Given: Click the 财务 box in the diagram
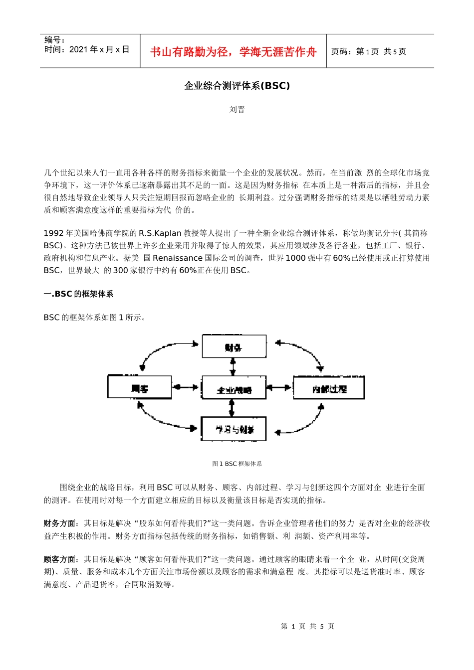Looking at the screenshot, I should tap(234, 347).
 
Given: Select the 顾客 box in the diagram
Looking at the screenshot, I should tap(140, 387).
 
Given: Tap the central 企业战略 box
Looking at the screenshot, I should tap(234, 388).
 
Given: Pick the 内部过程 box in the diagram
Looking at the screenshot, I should tap(329, 388).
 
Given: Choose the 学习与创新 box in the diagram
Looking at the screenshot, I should tap(234, 429).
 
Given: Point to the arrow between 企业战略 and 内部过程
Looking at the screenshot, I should tap(279, 387).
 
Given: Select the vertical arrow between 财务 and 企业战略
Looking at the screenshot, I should tap(233, 367).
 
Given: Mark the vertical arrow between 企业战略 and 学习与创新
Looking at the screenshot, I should tap(231, 408).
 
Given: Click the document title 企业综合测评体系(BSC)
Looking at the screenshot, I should tap(237, 86).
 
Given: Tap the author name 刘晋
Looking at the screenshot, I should tap(237, 110).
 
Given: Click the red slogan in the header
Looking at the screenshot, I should tap(234, 52).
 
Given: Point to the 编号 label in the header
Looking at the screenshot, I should tap(54, 40).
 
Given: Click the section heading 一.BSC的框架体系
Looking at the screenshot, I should tap(78, 294).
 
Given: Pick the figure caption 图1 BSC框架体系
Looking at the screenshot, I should tap(237, 464).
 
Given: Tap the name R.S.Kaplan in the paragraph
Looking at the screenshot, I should tap(160, 233).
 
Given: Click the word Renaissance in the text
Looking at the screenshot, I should tap(178, 258).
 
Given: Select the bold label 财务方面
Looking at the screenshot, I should tap(60, 523).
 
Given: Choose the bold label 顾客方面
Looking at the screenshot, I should tap(60, 559).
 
